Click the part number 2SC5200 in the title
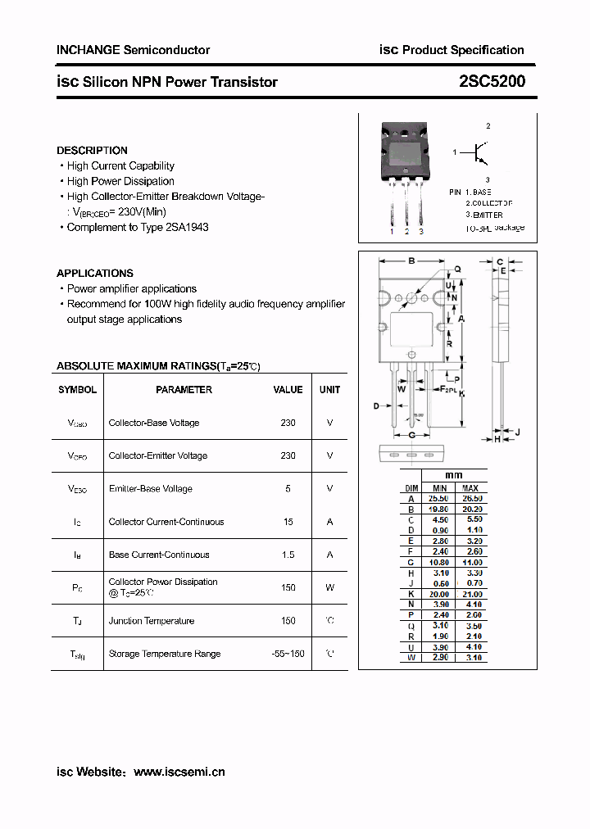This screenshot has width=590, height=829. point(492,81)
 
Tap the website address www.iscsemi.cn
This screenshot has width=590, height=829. point(179,772)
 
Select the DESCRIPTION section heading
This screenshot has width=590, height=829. point(92,150)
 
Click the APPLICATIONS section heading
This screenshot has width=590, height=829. point(94,273)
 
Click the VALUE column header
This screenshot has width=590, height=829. point(288,390)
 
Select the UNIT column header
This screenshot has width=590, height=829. point(329,390)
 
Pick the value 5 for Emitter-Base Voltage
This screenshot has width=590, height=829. point(288,488)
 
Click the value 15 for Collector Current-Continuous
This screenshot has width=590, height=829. point(288,522)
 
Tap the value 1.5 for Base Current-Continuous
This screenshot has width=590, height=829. point(288,555)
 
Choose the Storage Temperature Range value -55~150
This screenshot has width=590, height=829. point(288,654)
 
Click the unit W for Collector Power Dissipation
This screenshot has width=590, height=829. point(329,587)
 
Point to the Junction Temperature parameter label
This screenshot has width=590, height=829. point(151,621)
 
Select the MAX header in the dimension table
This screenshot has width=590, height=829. point(470,487)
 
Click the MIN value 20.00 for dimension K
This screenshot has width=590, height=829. point(439,594)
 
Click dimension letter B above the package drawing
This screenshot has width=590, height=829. point(411,261)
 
